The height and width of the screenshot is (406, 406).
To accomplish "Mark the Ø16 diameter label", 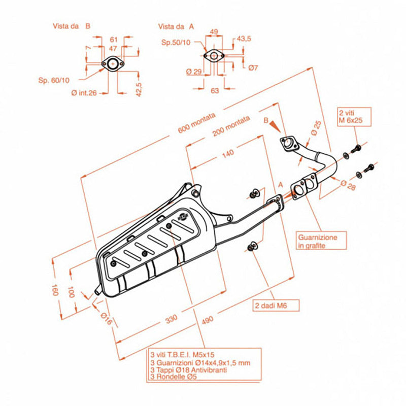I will (x=105, y=319).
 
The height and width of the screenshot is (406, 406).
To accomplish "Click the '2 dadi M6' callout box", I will (x=276, y=305).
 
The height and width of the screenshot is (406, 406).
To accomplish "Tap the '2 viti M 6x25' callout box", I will (x=354, y=116).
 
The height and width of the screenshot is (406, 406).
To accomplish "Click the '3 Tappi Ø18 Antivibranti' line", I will (x=188, y=370).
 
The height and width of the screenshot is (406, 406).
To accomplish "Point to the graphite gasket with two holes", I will (x=302, y=187).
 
